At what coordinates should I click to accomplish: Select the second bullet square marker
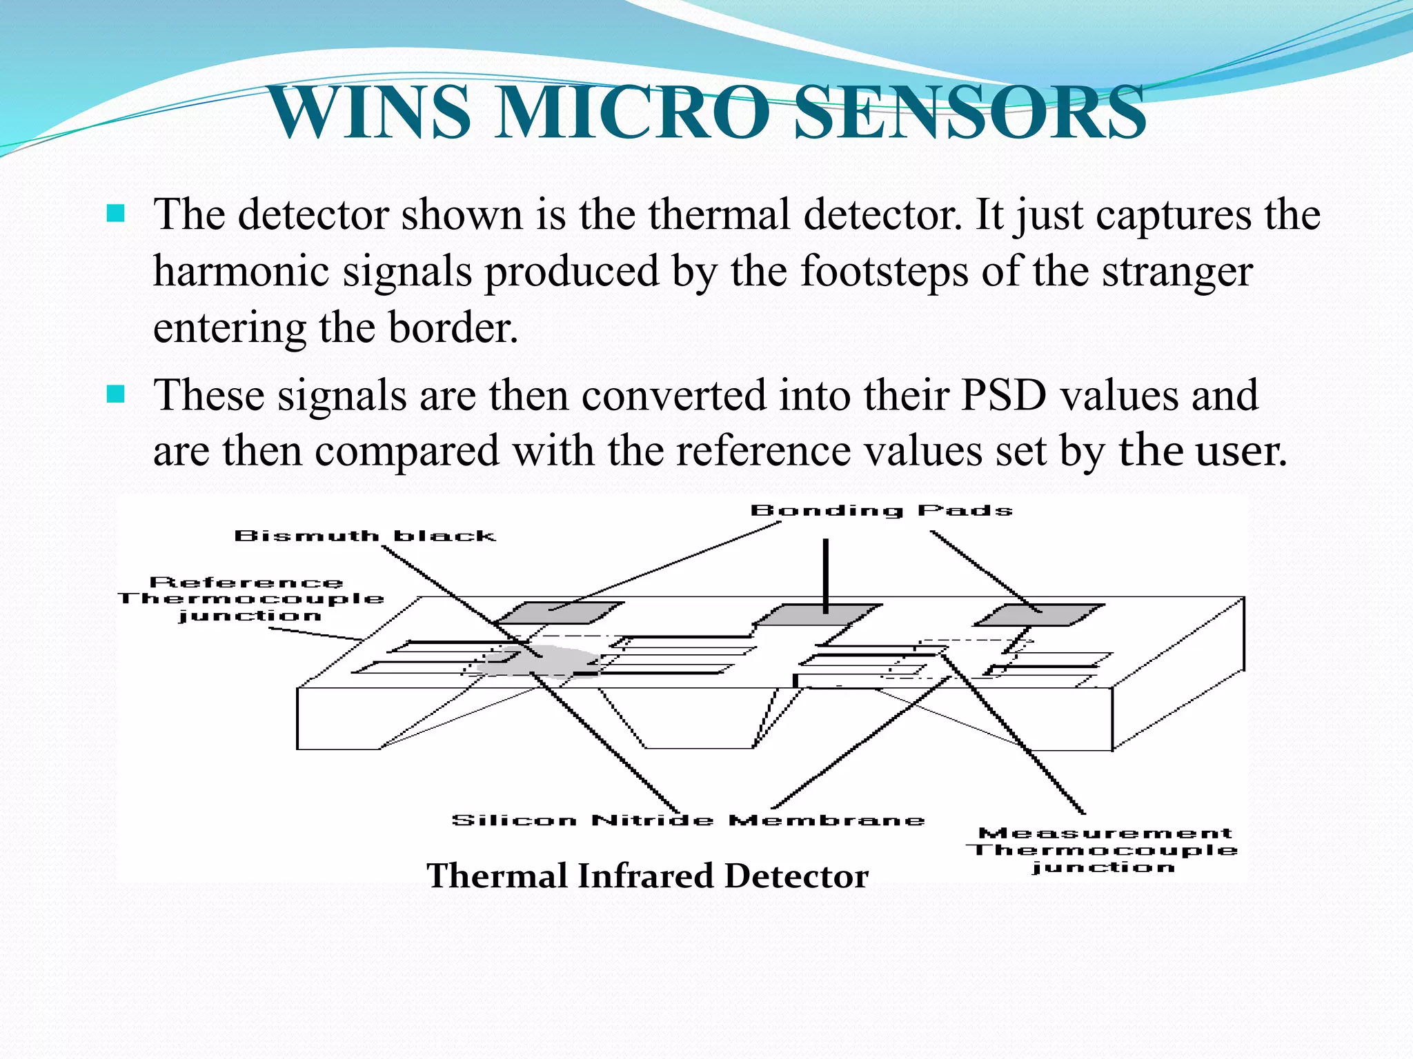[116, 394]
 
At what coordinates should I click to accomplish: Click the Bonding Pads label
[881, 511]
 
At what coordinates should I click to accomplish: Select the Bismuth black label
[365, 536]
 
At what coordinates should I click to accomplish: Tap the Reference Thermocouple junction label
[250, 599]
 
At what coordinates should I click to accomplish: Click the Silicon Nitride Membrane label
[688, 820]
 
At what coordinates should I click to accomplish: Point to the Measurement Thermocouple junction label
[1105, 850]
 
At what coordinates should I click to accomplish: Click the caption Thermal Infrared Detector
[647, 876]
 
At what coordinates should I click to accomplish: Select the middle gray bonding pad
[820, 614]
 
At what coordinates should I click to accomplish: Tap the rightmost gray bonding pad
[1039, 614]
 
